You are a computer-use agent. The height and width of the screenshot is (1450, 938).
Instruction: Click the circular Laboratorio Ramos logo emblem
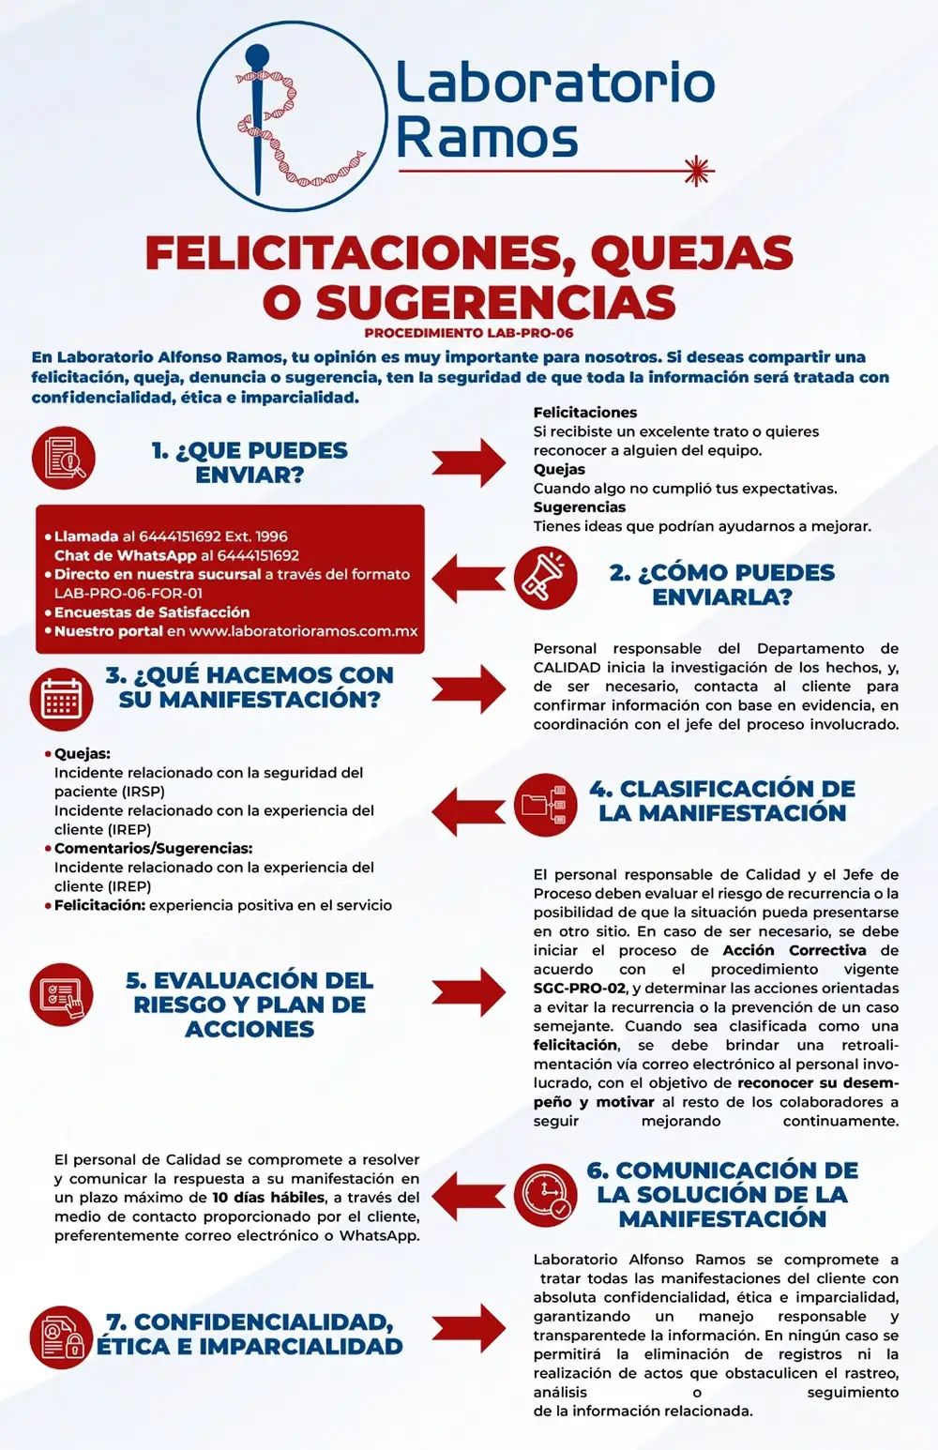coord(293,115)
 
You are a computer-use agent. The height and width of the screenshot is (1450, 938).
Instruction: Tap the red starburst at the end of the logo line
coord(697,172)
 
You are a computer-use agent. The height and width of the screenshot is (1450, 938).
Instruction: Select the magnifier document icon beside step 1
coord(63,458)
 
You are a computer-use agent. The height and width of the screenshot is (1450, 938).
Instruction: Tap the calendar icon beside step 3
coord(62,699)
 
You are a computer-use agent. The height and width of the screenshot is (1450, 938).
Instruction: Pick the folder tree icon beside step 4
coord(546,804)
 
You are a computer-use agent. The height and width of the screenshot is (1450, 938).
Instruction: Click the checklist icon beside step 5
coord(62,994)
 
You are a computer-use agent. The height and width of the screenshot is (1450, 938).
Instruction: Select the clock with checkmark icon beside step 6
coord(546,1194)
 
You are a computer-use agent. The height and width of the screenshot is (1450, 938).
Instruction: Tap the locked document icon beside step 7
coord(62,1337)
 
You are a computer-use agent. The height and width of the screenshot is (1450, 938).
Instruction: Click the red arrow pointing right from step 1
coord(468,461)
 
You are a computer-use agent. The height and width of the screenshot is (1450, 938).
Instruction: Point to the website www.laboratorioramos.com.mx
coord(303,631)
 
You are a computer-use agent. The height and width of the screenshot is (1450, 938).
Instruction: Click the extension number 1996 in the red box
coord(271,536)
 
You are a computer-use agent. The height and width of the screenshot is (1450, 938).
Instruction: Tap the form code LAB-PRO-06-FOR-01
coord(129,593)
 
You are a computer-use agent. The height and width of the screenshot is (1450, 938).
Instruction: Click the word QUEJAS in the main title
coord(691,253)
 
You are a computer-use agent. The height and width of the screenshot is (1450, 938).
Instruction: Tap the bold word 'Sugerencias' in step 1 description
coord(580,507)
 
